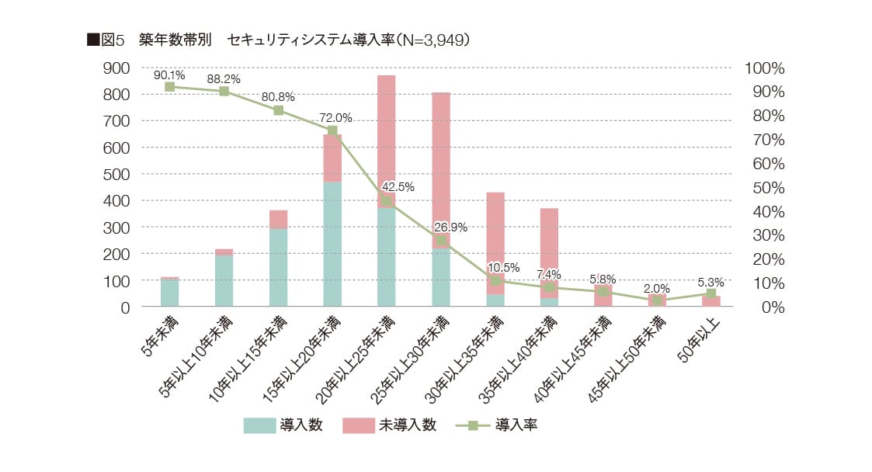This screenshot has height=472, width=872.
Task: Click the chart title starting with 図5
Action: (x=279, y=40)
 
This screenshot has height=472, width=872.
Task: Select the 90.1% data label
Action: (x=169, y=75)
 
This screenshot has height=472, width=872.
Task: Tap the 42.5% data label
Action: (x=398, y=187)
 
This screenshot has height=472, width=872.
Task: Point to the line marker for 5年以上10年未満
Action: (x=224, y=91)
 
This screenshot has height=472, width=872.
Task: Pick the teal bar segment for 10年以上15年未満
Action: (x=278, y=267)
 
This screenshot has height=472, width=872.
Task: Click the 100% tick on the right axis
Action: (x=765, y=68)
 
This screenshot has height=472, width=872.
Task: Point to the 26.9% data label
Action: (x=450, y=227)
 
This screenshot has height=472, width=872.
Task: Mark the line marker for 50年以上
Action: (x=711, y=293)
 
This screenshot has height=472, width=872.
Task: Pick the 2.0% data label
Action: (x=657, y=288)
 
